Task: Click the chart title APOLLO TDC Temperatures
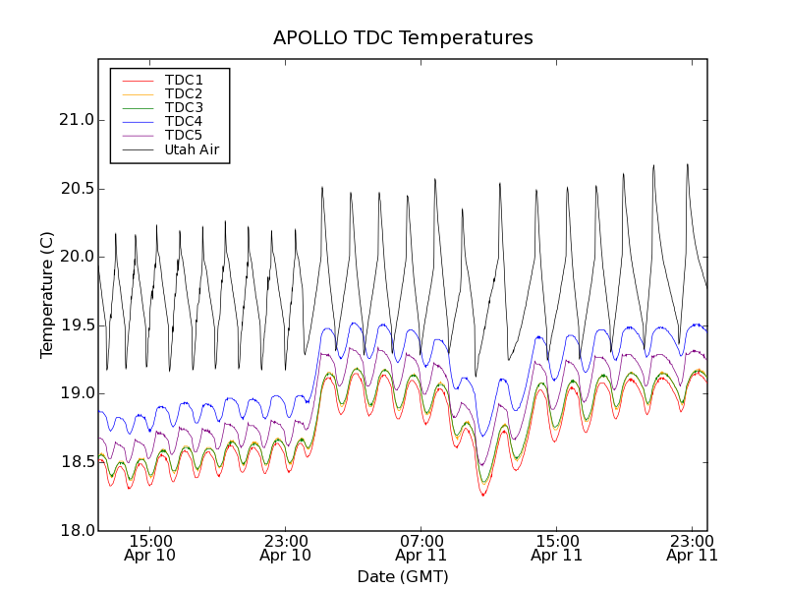click(x=403, y=38)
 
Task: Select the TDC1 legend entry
click(x=184, y=80)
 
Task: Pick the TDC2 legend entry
click(x=184, y=93)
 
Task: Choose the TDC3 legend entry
click(x=184, y=107)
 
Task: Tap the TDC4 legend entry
click(x=184, y=122)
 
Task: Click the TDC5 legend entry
click(x=184, y=136)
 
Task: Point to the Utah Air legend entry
click(x=192, y=150)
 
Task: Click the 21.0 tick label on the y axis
click(x=76, y=120)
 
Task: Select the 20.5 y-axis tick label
click(x=76, y=189)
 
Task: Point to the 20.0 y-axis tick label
click(x=76, y=257)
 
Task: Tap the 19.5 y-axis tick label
click(x=76, y=325)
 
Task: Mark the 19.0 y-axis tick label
click(x=76, y=393)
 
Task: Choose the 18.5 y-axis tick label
click(x=76, y=462)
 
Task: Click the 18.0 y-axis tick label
click(x=76, y=530)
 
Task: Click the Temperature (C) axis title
click(x=47, y=295)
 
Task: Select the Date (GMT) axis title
click(x=403, y=576)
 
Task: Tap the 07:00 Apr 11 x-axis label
click(x=421, y=548)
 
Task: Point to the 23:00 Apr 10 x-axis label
click(x=286, y=548)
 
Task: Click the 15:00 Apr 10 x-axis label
click(x=150, y=548)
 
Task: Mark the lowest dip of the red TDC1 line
click(x=483, y=495)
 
